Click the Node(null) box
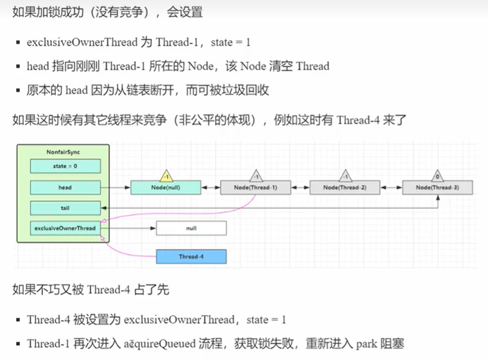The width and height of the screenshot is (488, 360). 165,188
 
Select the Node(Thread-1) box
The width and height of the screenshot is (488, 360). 256,188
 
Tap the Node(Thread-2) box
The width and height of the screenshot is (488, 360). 345,188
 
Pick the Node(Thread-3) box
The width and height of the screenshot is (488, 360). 438,188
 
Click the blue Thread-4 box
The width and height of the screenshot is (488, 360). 191,257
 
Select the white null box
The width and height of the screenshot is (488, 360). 191,228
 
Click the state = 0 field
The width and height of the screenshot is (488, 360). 65,166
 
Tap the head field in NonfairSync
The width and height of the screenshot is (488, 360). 65,188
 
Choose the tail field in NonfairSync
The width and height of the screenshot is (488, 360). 65,208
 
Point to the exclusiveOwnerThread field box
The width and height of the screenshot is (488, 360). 65,228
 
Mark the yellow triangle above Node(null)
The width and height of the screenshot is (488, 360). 165,176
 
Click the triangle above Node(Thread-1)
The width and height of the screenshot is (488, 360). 256,176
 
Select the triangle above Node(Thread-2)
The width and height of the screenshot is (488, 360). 345,176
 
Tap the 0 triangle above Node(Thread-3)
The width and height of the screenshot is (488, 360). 438,176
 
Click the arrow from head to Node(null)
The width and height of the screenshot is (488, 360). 115,188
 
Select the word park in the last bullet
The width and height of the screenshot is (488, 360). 365,343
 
